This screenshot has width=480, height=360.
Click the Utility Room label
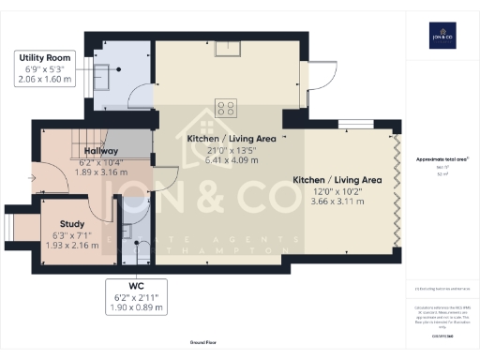click(x=44, y=57)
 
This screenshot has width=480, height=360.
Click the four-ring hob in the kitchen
click(x=225, y=107)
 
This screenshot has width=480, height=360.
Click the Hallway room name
click(x=100, y=151)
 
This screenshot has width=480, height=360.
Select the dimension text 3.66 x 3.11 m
click(x=336, y=202)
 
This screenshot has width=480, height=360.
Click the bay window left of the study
click(x=15, y=226)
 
